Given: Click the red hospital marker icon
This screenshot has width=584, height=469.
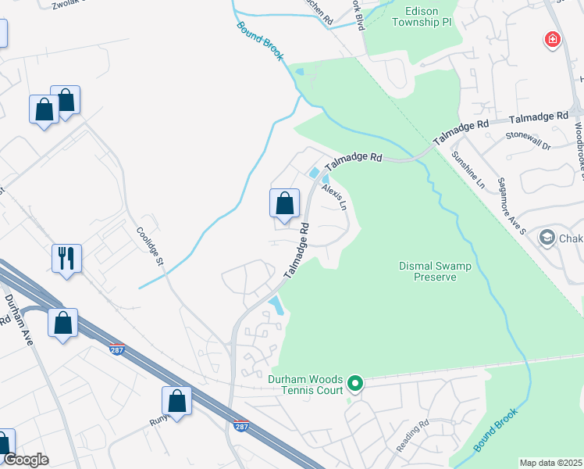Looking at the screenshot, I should click(553, 40).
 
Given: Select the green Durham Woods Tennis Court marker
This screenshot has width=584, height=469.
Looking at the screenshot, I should click(355, 383).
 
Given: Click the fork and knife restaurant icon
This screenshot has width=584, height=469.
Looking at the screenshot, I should click(66, 258).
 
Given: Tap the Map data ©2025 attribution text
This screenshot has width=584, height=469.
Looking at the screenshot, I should click(550, 463).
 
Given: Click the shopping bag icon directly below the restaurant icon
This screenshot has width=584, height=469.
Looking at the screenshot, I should click(62, 322).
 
